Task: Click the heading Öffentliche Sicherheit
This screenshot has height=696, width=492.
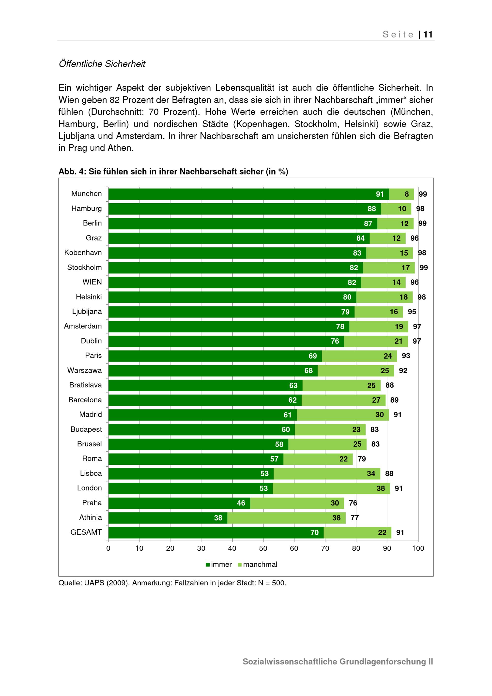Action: click(102, 64)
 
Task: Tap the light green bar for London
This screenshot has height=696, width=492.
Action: click(331, 488)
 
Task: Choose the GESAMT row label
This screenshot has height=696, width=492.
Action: click(86, 532)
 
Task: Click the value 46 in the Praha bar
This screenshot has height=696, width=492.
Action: click(241, 503)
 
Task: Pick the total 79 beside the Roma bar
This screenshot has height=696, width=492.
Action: click(361, 459)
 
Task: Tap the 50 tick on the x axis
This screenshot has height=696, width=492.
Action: click(263, 548)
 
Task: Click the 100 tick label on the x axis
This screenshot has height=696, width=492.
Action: click(418, 548)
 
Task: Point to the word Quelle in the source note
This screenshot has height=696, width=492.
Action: click(69, 583)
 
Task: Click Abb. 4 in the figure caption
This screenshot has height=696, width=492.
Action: click(72, 172)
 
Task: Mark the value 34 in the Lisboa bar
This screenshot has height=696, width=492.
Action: click(371, 474)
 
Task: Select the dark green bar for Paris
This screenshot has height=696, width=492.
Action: click(215, 356)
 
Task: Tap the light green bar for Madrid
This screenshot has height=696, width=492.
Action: click(343, 415)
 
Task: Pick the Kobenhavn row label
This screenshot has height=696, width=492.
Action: click(83, 253)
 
